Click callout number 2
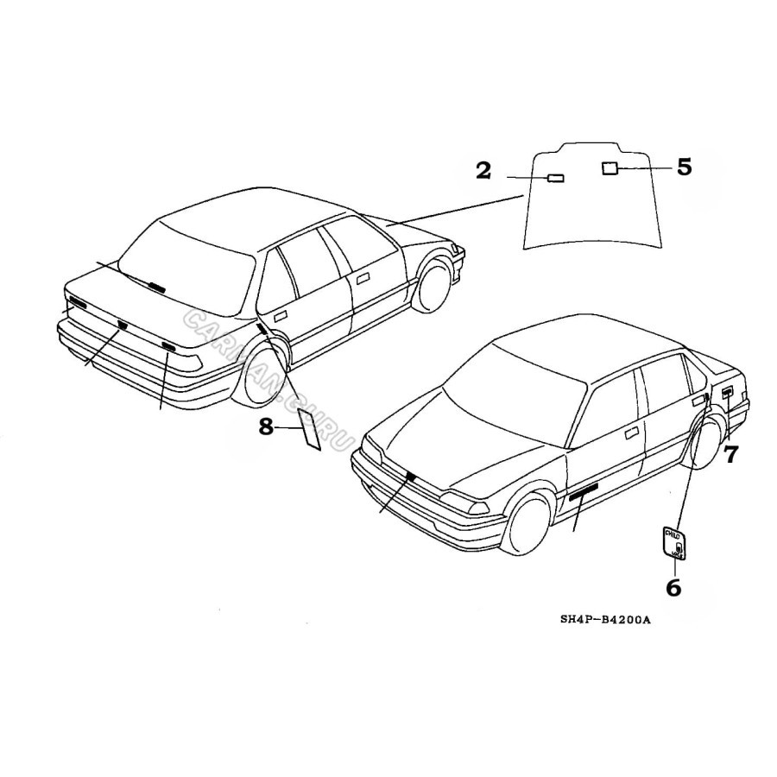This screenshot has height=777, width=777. click(x=483, y=170)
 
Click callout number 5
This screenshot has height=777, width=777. click(x=684, y=167)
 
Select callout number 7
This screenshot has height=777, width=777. click(x=731, y=454)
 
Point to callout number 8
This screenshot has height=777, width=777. click(x=266, y=425)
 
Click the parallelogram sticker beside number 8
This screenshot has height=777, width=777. click(x=309, y=429)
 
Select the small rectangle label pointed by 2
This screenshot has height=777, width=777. click(x=555, y=179)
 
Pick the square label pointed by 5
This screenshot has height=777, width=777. click(x=610, y=168)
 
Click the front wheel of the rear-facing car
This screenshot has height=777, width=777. click(x=433, y=281)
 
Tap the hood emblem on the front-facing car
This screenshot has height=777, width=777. click(x=409, y=475)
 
